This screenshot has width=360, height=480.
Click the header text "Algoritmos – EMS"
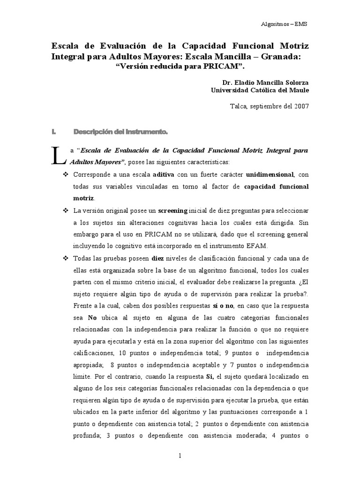point(284,24)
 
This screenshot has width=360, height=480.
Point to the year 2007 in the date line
point(301,106)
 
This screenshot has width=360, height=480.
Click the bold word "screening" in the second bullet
point(173,210)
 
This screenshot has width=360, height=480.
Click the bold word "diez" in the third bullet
point(158,258)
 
